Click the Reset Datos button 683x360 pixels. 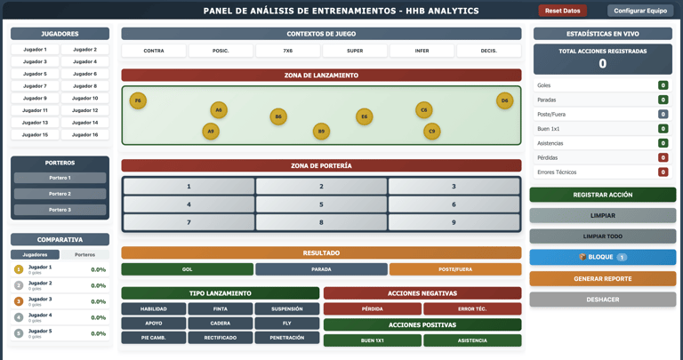[562, 11]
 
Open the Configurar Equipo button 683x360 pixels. [640, 11]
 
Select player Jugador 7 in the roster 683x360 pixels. [35, 86]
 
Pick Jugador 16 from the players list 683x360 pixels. [85, 135]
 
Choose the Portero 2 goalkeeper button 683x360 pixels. [60, 194]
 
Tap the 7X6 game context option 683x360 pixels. [288, 51]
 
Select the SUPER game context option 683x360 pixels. [355, 51]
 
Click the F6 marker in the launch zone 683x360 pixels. [138, 101]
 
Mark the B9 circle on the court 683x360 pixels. [321, 132]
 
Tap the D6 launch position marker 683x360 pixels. [504, 101]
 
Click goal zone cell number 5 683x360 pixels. [321, 204]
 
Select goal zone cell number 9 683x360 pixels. [454, 222]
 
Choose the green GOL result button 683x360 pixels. [187, 269]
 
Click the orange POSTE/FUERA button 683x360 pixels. [455, 269]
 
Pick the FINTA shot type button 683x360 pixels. [221, 309]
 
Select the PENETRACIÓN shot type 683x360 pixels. [286, 338]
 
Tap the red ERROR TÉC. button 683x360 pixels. [472, 309]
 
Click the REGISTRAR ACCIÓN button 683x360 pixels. [602, 195]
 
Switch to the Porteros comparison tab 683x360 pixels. [84, 255]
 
